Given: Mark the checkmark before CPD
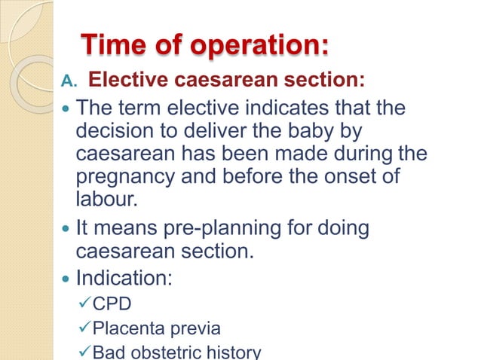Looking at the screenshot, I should coord(84,305).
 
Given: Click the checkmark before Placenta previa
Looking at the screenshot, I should coord(84,328).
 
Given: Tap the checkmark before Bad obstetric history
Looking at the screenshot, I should coord(84,351).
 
